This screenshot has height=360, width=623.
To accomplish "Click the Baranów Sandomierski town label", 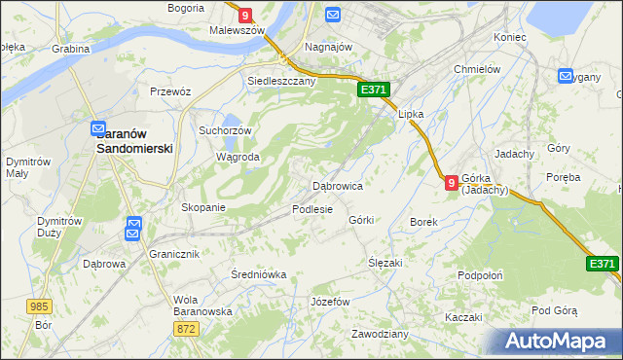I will pyautogui.click(x=134, y=141).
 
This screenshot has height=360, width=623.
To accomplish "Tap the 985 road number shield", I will pyautogui.click(x=39, y=306).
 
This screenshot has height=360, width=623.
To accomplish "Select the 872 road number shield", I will pyautogui.click(x=187, y=330).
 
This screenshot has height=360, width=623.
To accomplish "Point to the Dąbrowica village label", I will pyautogui.click(x=337, y=185).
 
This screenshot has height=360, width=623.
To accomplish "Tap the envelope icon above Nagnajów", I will pyautogui.click(x=333, y=16).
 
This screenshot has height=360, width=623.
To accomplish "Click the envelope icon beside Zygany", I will pyautogui.click(x=566, y=77).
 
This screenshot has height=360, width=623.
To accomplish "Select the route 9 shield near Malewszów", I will pyautogui.click(x=244, y=16).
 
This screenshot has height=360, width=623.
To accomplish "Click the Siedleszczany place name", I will pyautogui.click(x=282, y=82).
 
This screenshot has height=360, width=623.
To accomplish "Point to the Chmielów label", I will pyautogui.click(x=477, y=69).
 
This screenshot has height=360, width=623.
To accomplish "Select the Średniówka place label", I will pyautogui.click(x=259, y=274).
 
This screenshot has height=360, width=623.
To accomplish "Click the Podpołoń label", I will pyautogui.click(x=480, y=275).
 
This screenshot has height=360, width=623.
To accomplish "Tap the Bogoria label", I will pyautogui.click(x=186, y=7).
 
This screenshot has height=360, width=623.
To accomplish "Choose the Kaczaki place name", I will pyautogui.click(x=463, y=318).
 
